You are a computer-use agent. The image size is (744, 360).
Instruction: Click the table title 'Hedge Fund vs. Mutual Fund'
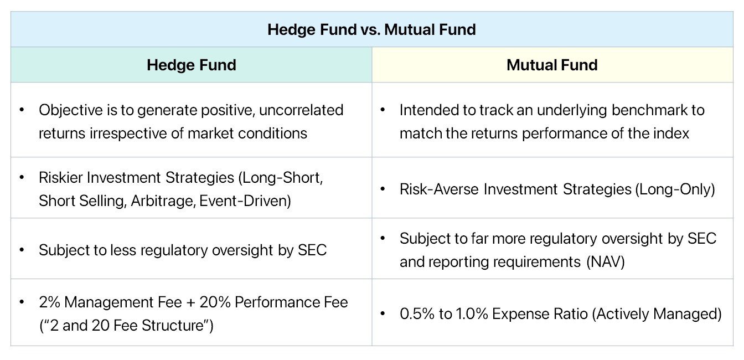[x=371, y=29]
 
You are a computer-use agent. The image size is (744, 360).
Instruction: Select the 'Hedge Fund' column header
[x=191, y=65]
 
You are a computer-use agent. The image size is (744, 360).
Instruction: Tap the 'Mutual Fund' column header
[x=552, y=65]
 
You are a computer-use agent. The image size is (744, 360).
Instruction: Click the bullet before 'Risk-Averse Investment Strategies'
[x=383, y=189]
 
